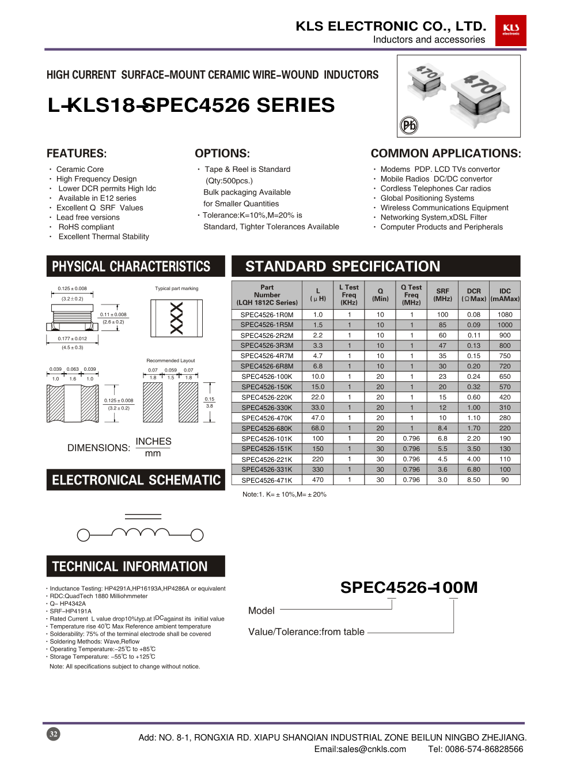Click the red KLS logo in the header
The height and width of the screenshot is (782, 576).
tap(510, 30)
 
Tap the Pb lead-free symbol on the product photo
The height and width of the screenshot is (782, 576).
tap(409, 125)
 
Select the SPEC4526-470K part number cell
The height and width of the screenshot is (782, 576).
tap(267, 418)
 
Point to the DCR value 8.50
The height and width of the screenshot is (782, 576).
tap(473, 480)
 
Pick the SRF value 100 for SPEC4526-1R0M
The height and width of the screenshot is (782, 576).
tap(442, 315)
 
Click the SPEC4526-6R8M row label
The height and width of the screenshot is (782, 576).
tap(267, 366)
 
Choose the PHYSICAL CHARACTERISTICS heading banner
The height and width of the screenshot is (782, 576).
tap(135, 266)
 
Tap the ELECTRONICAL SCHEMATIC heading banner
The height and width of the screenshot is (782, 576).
tap(135, 480)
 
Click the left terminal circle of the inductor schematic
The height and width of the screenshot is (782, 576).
tap(84, 535)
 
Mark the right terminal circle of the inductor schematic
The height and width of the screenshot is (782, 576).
tap(197, 535)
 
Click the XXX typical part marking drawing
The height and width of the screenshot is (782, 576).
tap(177, 318)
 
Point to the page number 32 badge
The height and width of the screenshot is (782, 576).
tap(53, 734)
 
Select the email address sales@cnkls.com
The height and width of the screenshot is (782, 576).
tap(360, 749)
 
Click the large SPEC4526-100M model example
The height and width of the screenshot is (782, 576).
tap(408, 588)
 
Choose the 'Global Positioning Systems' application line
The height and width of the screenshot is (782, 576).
tap(427, 198)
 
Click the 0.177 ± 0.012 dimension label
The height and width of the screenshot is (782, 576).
tap(73, 339)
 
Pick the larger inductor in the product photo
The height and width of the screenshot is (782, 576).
tap(480, 92)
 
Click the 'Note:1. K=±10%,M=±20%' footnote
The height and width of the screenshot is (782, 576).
tap(285, 494)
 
